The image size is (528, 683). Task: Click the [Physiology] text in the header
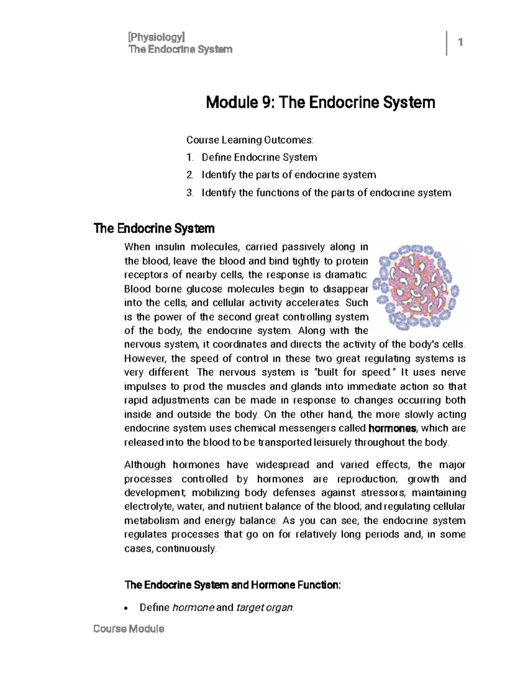(x=156, y=37)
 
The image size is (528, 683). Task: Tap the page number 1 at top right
(x=460, y=43)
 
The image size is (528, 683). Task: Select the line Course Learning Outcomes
(x=250, y=140)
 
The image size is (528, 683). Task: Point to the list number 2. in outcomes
(x=190, y=175)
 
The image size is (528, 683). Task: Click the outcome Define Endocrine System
(x=259, y=157)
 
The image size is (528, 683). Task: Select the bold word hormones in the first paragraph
(x=392, y=428)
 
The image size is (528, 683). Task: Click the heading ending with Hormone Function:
(x=232, y=585)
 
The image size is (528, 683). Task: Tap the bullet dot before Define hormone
(x=127, y=609)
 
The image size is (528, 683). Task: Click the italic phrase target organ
(x=264, y=608)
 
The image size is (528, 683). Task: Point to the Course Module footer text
(x=128, y=629)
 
